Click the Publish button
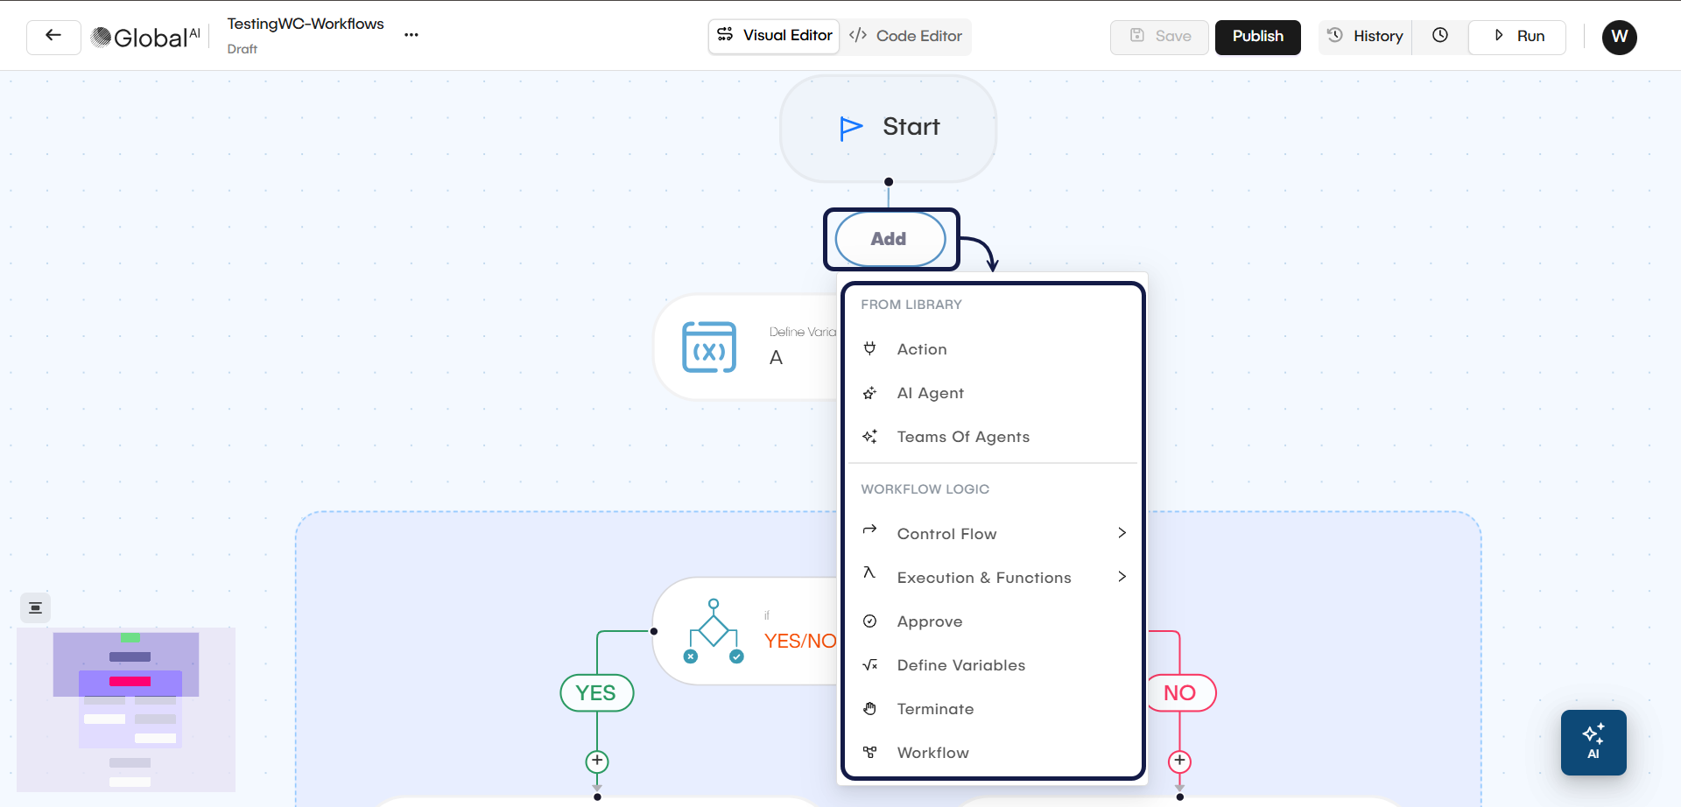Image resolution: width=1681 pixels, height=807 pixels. (1257, 37)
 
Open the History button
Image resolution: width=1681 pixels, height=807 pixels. (1366, 37)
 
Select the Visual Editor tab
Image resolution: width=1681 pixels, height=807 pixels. (774, 36)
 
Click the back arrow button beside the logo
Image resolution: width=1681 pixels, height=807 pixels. (53, 37)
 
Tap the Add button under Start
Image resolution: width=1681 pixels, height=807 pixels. (890, 239)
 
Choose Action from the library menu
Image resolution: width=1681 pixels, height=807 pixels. (922, 349)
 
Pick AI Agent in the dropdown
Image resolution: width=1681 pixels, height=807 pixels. (930, 393)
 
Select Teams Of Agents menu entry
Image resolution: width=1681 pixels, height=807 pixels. (963, 437)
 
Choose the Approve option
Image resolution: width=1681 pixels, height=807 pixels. (930, 621)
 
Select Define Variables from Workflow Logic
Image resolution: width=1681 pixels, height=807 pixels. (960, 665)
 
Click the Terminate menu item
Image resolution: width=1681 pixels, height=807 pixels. (935, 709)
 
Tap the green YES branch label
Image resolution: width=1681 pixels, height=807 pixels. (596, 693)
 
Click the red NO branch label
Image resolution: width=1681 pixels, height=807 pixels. (1180, 693)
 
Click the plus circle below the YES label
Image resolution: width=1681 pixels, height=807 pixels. (597, 761)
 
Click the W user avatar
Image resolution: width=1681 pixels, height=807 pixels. (1619, 37)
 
